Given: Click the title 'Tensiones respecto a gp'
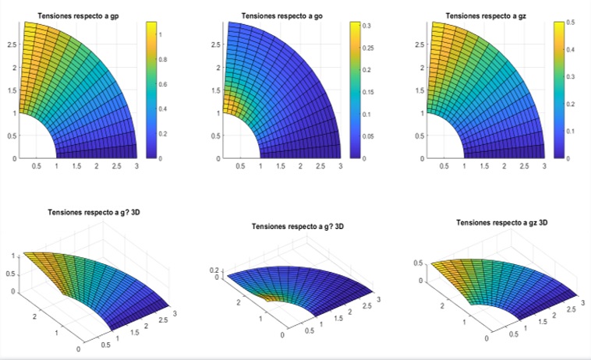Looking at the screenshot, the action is (79, 16).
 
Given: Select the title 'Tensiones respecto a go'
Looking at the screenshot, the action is (282, 16).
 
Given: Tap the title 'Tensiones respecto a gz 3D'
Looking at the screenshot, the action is (501, 223).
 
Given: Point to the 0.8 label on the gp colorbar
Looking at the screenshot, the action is (163, 59).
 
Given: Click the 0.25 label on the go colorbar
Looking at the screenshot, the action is (368, 48).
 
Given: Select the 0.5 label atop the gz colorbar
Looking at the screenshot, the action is (570, 23).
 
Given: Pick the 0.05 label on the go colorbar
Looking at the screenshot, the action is (368, 136).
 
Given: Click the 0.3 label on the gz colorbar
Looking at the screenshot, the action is (570, 77).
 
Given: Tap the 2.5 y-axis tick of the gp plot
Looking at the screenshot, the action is (12, 44).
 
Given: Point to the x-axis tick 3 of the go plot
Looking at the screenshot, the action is (341, 166).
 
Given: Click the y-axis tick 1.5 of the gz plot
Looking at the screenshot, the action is (419, 90).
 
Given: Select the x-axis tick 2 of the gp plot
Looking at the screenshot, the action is (97, 166).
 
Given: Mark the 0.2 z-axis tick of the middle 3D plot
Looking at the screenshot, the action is (214, 270).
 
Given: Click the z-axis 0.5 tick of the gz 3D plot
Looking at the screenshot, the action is (418, 263).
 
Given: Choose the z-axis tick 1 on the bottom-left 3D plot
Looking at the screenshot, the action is (13, 256).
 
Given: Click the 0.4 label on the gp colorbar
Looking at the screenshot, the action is (163, 109).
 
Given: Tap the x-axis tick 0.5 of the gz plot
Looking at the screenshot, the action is (444, 166).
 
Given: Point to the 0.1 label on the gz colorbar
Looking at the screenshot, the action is (570, 132).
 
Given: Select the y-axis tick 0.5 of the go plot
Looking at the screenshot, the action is (216, 136).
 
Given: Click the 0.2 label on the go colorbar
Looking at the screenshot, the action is (366, 70).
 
